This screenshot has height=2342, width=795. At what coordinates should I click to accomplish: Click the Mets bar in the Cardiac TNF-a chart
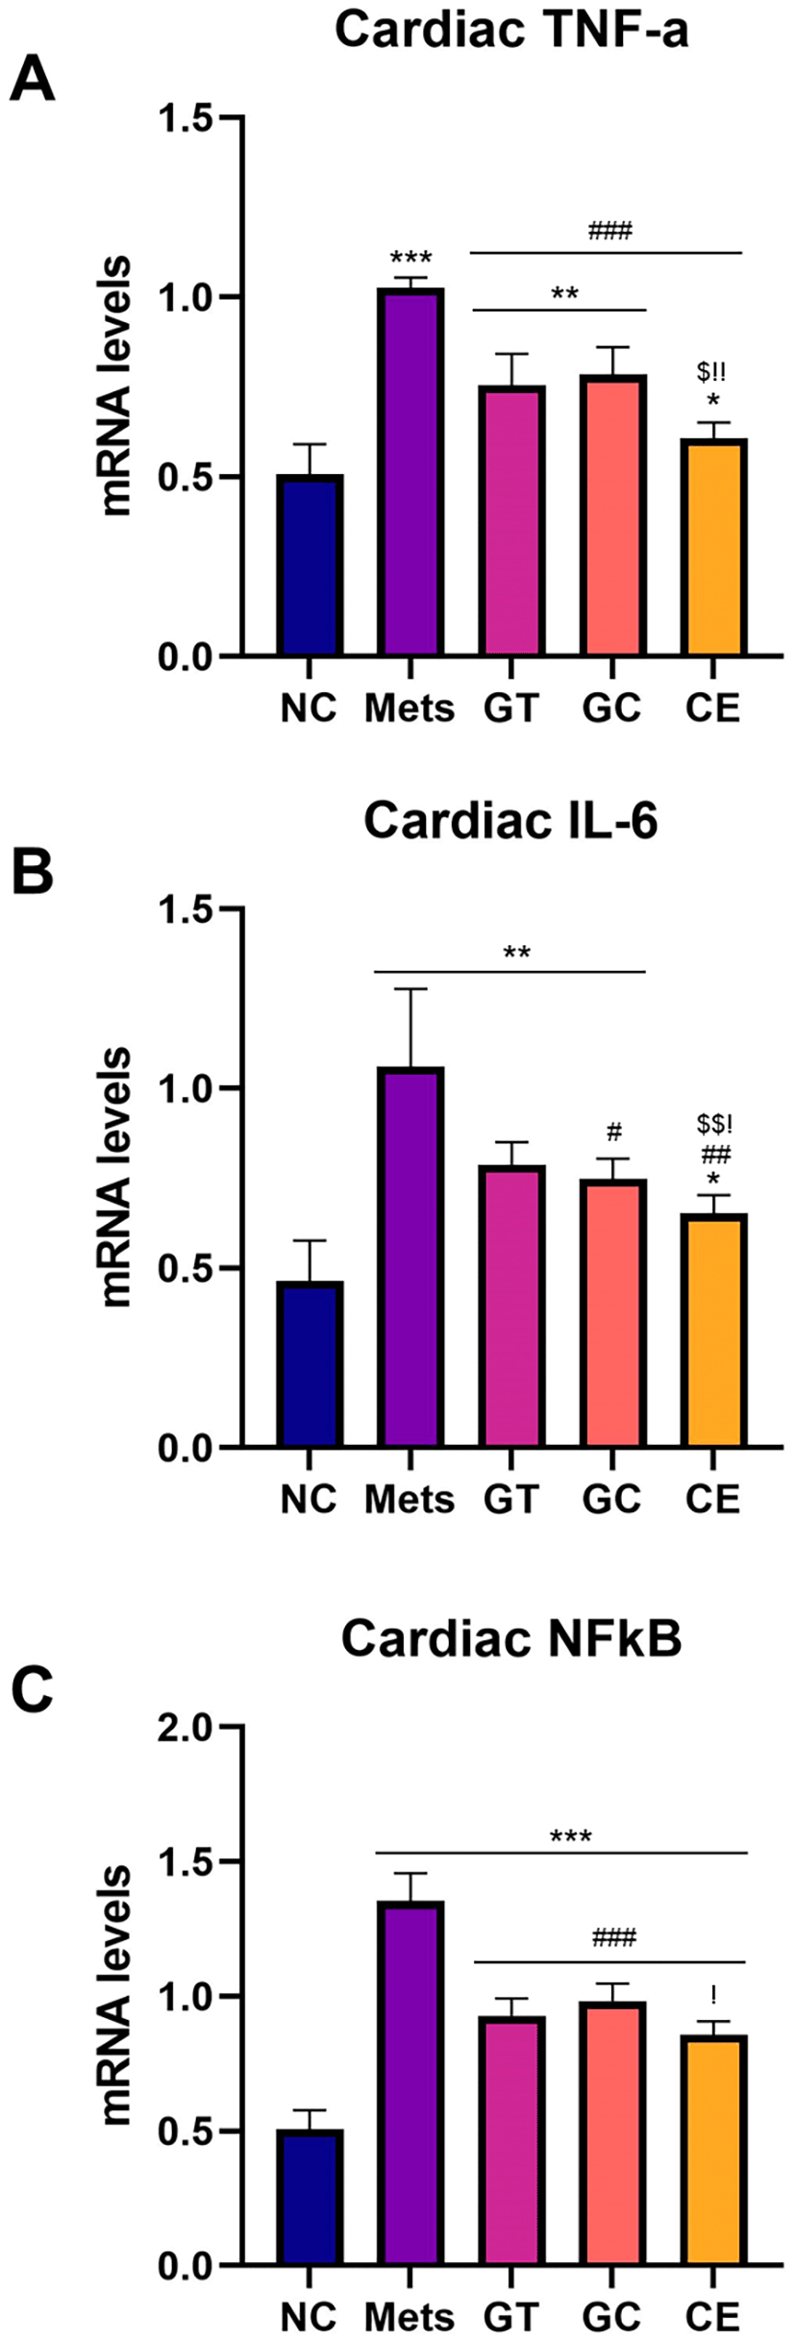point(410,471)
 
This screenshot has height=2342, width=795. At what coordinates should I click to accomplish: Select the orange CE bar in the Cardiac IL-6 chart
point(714,1330)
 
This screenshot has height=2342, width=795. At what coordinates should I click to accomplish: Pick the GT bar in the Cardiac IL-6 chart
point(511,1306)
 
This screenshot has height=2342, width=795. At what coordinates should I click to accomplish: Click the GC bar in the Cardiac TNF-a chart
point(613,514)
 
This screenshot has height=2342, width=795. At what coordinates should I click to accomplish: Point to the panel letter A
point(32,81)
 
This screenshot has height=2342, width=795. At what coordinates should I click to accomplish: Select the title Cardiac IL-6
point(511,823)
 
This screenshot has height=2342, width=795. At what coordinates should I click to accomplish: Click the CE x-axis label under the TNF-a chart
point(714,709)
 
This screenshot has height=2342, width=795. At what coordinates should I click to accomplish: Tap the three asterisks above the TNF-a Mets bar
point(410,259)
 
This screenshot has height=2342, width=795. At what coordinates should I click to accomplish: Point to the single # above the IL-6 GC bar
point(613,1128)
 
